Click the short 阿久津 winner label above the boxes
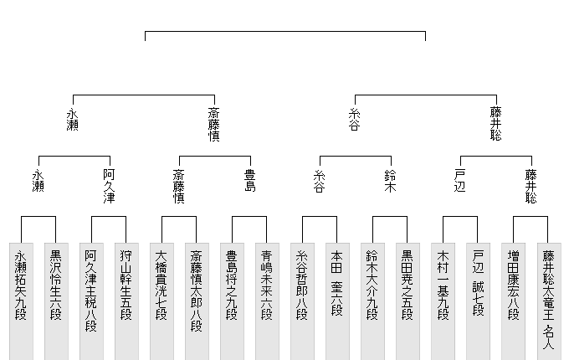(x=109, y=187)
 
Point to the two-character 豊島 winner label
(x=249, y=181)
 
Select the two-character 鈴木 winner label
(x=390, y=181)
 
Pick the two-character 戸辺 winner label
(x=460, y=181)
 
